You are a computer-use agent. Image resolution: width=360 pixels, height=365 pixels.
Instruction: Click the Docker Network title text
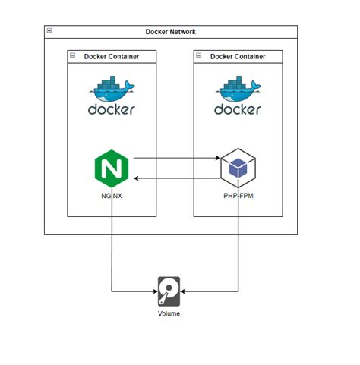coord(171,32)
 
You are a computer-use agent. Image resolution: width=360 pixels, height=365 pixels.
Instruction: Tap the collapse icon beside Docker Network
coord(49,32)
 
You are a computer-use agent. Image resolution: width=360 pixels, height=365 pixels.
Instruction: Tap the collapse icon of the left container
coord(73,56)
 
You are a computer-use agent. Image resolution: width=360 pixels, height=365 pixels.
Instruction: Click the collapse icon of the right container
coord(200,56)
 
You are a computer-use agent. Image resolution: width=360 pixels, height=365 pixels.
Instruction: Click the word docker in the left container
coord(112,109)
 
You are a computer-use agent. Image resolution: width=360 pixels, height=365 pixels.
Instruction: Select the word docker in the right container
coord(238,109)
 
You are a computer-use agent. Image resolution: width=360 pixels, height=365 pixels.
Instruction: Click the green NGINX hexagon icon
coord(112,168)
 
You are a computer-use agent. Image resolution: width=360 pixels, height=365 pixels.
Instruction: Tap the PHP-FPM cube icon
coord(238,168)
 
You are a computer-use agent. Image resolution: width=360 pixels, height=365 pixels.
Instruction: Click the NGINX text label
coord(112,196)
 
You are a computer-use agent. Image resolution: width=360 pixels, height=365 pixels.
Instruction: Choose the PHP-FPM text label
coord(238,196)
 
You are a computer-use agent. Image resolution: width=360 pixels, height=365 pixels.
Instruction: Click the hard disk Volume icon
coord(169,291)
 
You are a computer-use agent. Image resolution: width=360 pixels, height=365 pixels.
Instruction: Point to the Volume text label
coord(169,313)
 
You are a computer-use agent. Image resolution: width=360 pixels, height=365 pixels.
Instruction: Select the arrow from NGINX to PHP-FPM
coord(175,159)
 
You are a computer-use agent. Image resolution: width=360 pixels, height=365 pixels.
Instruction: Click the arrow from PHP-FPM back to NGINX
coord(175,179)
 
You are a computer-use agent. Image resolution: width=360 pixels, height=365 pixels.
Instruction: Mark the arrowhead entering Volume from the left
coord(153,291)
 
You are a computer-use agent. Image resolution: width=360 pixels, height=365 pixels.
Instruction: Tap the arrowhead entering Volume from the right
coord(185,291)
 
